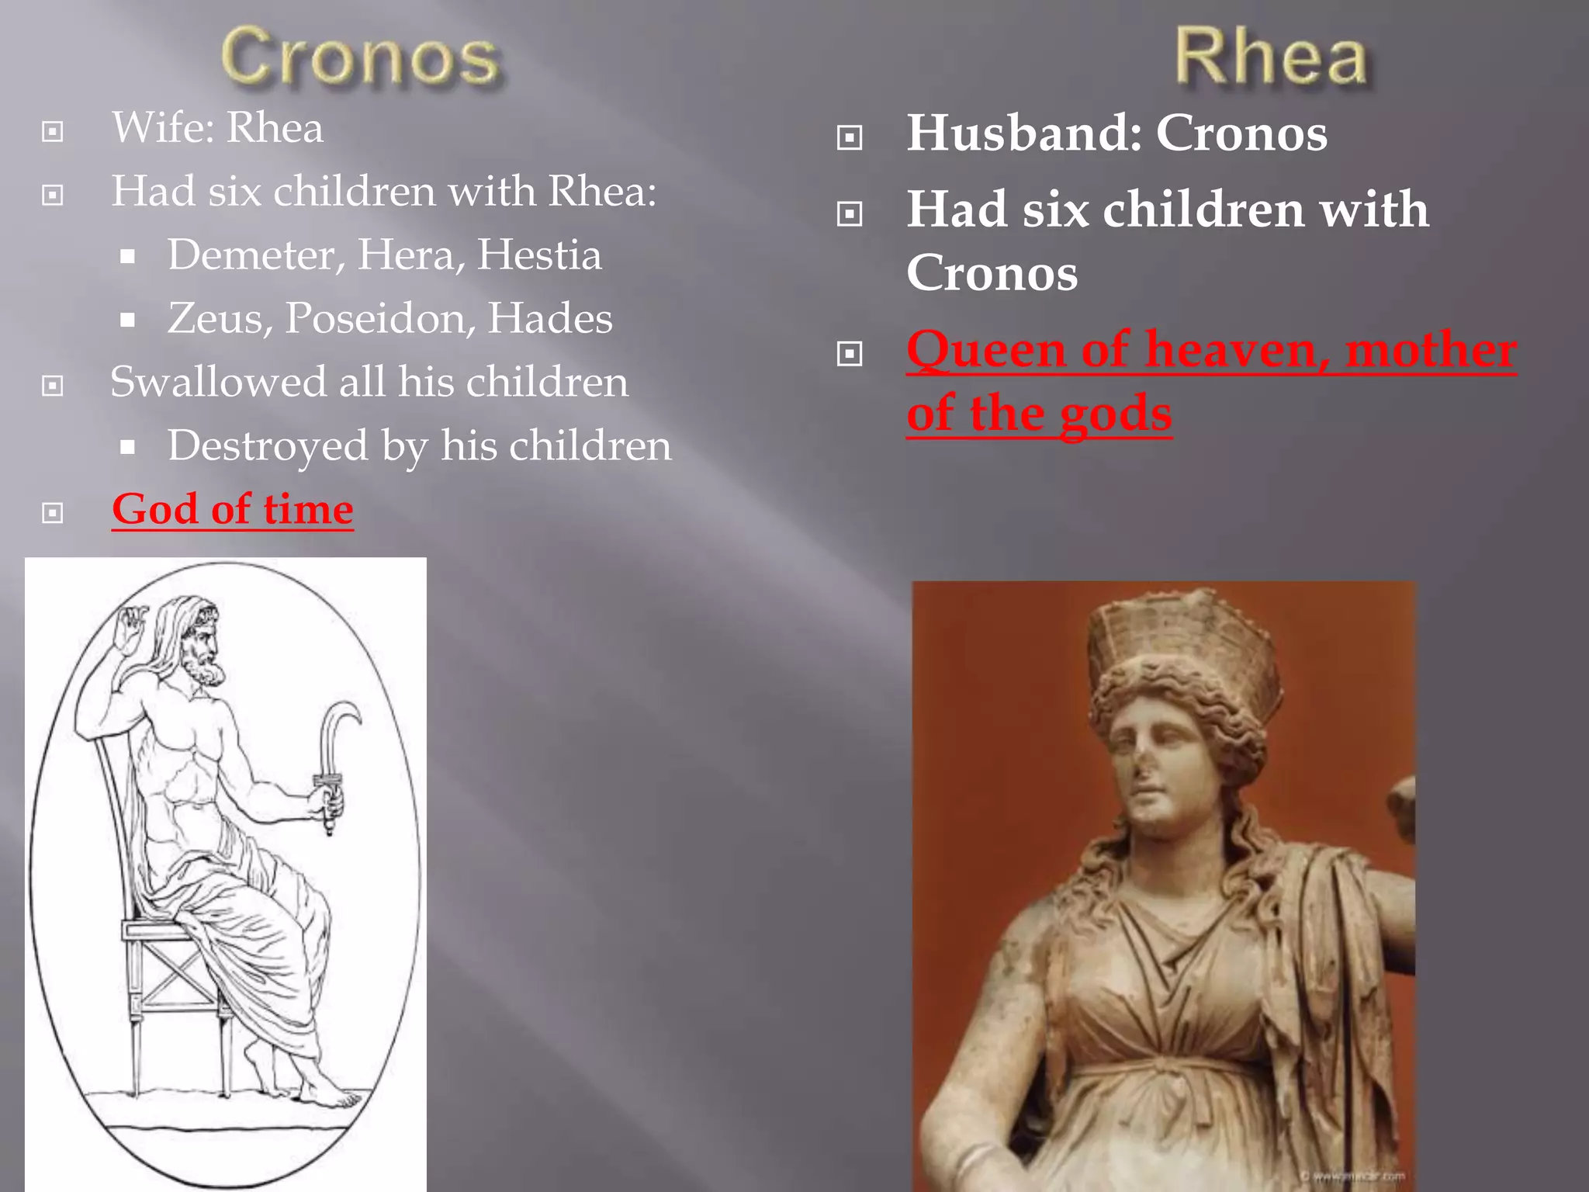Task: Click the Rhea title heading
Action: click(x=1271, y=56)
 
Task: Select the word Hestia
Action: click(x=539, y=255)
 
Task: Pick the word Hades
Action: click(x=549, y=318)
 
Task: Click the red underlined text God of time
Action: click(x=233, y=510)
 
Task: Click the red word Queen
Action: click(x=985, y=349)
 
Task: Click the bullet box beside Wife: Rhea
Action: click(x=53, y=131)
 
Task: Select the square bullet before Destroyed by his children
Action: click(x=128, y=448)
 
